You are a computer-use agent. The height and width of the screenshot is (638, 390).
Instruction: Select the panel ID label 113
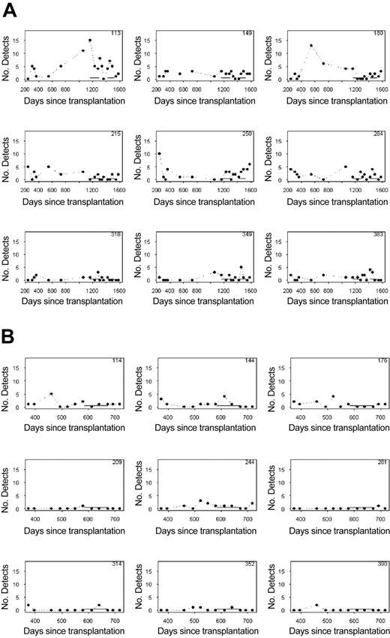click(x=117, y=34)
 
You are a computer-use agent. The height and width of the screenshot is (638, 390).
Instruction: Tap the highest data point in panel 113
click(x=89, y=40)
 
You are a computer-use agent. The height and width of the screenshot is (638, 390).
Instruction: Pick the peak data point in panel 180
click(x=310, y=45)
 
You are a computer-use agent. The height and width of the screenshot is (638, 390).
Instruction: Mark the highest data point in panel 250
click(x=159, y=154)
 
